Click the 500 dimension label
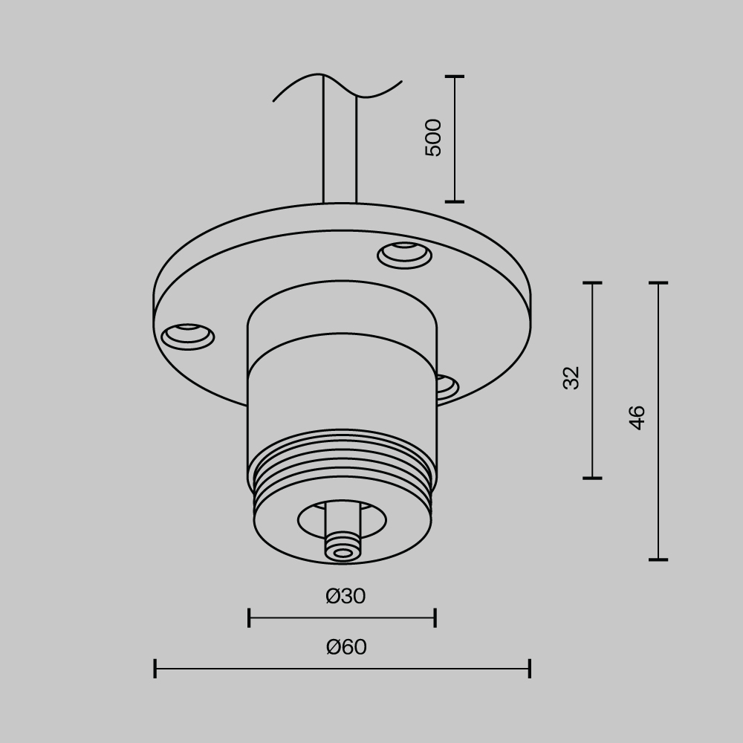pos(433,137)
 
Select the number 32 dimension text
pos(571,377)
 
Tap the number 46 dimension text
pos(637,418)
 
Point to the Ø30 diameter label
pos(345,597)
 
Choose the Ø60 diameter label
pos(346,647)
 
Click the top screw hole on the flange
pos(404,254)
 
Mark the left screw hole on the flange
pos(187,335)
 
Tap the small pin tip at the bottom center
pos(343,552)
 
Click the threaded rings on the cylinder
pos(342,464)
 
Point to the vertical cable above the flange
pos(340,149)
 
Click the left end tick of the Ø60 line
pos(155,668)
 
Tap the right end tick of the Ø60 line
pos(529,668)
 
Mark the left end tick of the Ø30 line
pos(249,617)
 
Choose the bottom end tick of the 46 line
pos(658,559)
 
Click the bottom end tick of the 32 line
pos(592,478)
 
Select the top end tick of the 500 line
pos(455,77)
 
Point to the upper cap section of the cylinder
pos(342,312)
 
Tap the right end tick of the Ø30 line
pos(435,617)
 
